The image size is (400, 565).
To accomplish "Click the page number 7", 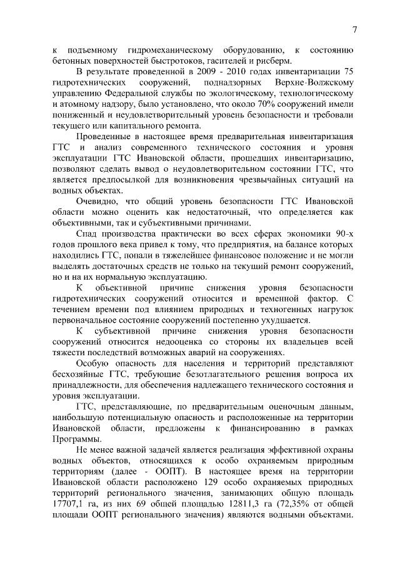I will [x=354, y=29].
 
